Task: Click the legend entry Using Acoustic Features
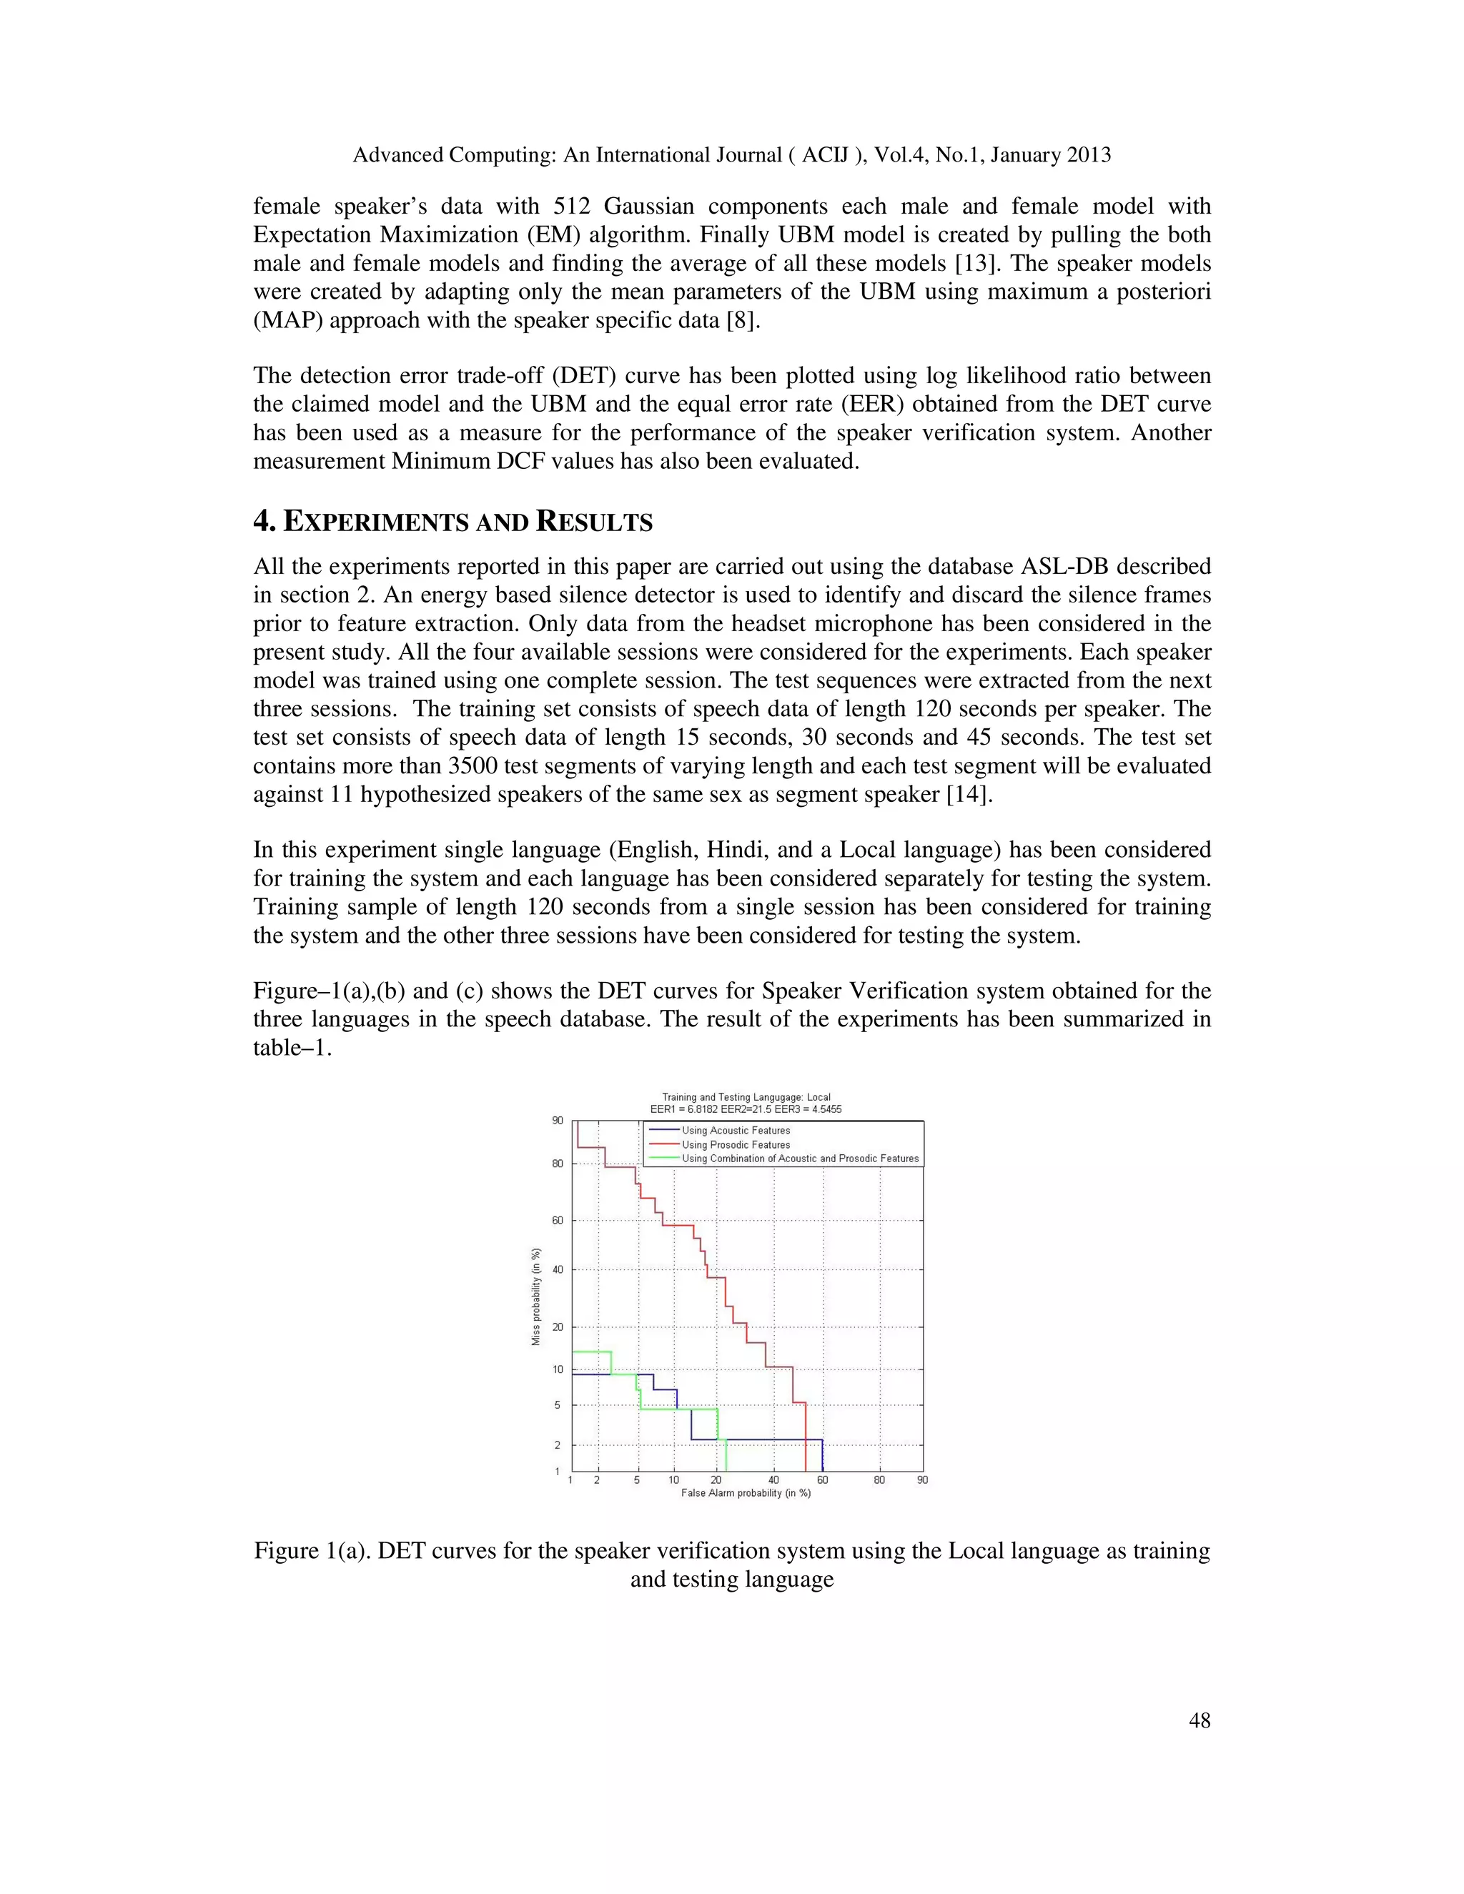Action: (x=736, y=1130)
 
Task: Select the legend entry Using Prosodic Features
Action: (x=736, y=1145)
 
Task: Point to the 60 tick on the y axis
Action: (x=558, y=1220)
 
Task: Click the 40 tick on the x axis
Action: (x=773, y=1480)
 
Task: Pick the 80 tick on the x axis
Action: (x=879, y=1480)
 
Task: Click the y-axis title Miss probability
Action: (x=536, y=1297)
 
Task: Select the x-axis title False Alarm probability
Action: (x=746, y=1493)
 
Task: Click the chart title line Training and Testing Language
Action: (x=746, y=1097)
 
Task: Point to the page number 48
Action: (x=1200, y=1720)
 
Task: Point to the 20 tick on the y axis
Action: (x=558, y=1327)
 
